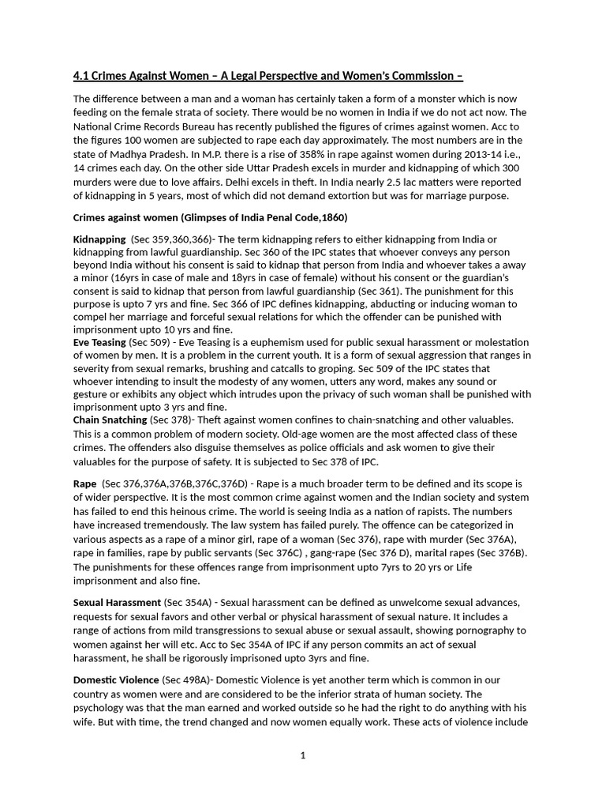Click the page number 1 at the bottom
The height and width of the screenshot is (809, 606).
click(x=303, y=755)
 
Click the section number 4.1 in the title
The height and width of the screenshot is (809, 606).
click(x=81, y=77)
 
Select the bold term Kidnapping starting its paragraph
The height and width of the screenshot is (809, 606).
click(x=99, y=239)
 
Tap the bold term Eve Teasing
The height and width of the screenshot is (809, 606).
click(x=99, y=342)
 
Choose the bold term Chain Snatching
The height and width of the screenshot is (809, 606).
click(x=110, y=420)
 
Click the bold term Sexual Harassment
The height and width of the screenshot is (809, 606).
click(x=117, y=603)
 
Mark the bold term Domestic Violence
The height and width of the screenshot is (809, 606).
click(x=115, y=680)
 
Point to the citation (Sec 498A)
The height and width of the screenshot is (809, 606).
click(x=186, y=680)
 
